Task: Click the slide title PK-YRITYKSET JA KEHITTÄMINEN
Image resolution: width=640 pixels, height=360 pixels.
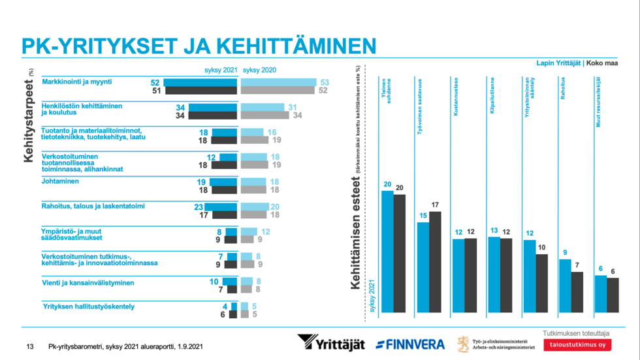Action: coord(199,45)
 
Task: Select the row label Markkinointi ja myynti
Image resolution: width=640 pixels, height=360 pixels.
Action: coord(77,82)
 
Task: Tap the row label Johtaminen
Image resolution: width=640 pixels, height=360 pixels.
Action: coord(61,182)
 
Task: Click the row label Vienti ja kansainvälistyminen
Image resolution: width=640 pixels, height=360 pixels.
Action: coord(88,283)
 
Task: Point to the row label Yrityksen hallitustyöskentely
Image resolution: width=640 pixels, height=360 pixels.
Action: coord(88,306)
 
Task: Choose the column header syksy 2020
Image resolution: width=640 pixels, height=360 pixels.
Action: coord(259,69)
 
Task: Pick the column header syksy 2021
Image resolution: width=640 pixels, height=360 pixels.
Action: coord(220,69)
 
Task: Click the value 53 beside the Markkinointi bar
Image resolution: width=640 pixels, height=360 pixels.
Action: coord(325,82)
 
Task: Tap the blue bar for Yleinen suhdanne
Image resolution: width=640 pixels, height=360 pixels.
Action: coord(387,252)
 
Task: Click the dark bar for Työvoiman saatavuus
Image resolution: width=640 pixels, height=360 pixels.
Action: coord(435,261)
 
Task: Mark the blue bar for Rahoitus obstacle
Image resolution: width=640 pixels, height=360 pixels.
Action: coord(565,286)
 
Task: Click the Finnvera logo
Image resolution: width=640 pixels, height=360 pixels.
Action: coord(410,344)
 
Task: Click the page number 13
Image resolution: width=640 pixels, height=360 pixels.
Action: coord(29,346)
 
